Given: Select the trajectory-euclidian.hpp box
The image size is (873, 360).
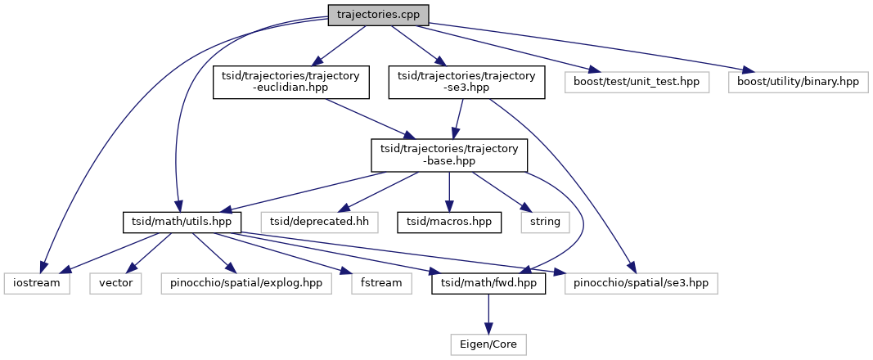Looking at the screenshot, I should point(290,83).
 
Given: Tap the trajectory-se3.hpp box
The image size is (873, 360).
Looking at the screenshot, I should point(466,83).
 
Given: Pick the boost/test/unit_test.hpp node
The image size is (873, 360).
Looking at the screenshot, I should point(637,83).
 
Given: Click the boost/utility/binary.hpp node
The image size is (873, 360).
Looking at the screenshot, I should point(797,83).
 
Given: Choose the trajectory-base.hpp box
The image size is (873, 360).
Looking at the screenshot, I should point(449,155).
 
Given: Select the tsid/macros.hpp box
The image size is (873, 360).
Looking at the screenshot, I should point(449,221).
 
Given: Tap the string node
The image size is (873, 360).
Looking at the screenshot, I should point(544,221).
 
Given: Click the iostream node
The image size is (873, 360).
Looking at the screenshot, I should point(36,284).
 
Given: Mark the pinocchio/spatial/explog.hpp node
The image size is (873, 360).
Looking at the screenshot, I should point(246,284).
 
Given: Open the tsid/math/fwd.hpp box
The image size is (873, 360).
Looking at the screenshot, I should point(488,284).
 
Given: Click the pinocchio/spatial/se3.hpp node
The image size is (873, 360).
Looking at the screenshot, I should point(641,284).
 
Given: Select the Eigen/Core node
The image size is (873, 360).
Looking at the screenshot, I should point(488,345).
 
